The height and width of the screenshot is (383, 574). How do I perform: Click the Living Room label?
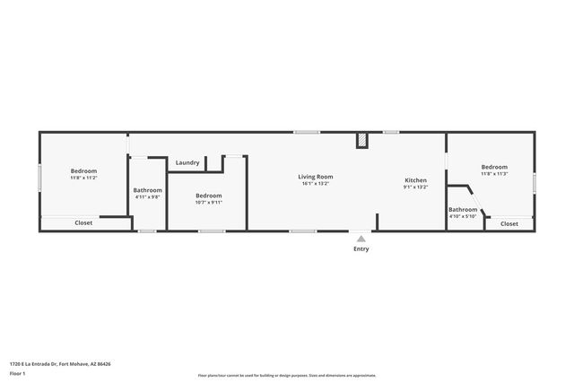click(316, 177)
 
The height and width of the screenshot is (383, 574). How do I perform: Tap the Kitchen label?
click(415, 180)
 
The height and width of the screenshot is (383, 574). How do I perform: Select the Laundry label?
click(187, 162)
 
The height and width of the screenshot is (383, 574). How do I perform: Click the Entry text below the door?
click(361, 248)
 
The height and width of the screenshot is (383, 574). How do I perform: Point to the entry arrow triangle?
click(361, 239)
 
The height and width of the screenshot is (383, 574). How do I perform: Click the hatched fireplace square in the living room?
click(362, 140)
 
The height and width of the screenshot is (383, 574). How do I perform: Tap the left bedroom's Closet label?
click(83, 222)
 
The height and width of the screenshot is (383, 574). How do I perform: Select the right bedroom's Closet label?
click(509, 223)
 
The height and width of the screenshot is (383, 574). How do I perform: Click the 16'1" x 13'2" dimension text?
click(316, 184)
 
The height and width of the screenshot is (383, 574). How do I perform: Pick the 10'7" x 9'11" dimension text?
click(208, 203)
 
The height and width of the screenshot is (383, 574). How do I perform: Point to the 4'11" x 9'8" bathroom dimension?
click(148, 197)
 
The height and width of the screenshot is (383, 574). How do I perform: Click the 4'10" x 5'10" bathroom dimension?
click(463, 216)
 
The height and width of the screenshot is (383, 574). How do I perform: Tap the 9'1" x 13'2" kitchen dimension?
click(415, 187)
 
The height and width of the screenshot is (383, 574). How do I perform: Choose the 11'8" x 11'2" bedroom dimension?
click(84, 178)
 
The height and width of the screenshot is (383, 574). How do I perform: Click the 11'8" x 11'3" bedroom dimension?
click(494, 174)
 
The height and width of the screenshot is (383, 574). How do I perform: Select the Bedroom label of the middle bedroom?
click(208, 196)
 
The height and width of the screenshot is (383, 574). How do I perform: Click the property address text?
click(60, 363)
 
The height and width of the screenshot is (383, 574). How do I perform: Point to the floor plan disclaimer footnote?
click(286, 376)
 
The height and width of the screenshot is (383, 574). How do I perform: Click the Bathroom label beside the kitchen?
click(463, 209)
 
